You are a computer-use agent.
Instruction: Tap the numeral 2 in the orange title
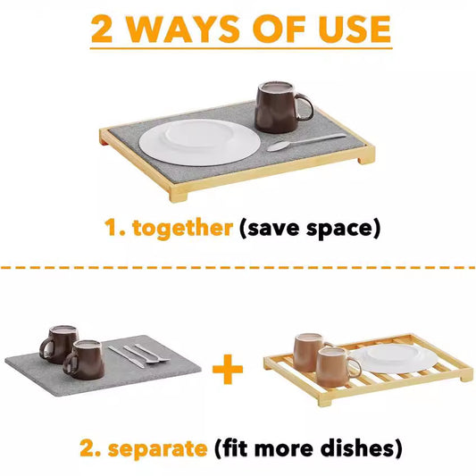104,29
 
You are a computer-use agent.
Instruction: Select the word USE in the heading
354,29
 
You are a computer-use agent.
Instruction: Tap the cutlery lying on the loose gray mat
138,354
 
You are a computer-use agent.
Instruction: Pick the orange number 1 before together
111,228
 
